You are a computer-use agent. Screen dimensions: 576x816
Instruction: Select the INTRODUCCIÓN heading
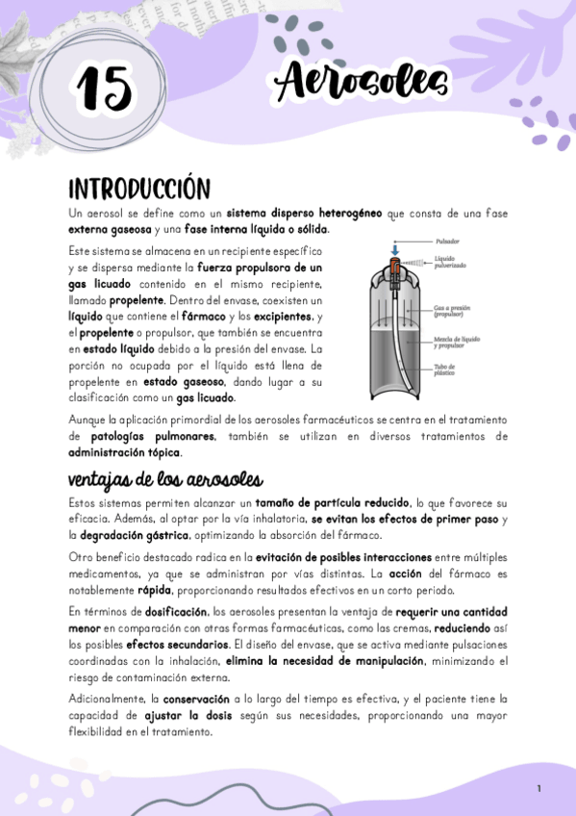[138, 187]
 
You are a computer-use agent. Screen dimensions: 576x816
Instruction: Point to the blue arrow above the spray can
[395, 247]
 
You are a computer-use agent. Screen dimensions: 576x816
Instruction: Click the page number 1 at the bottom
[539, 789]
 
